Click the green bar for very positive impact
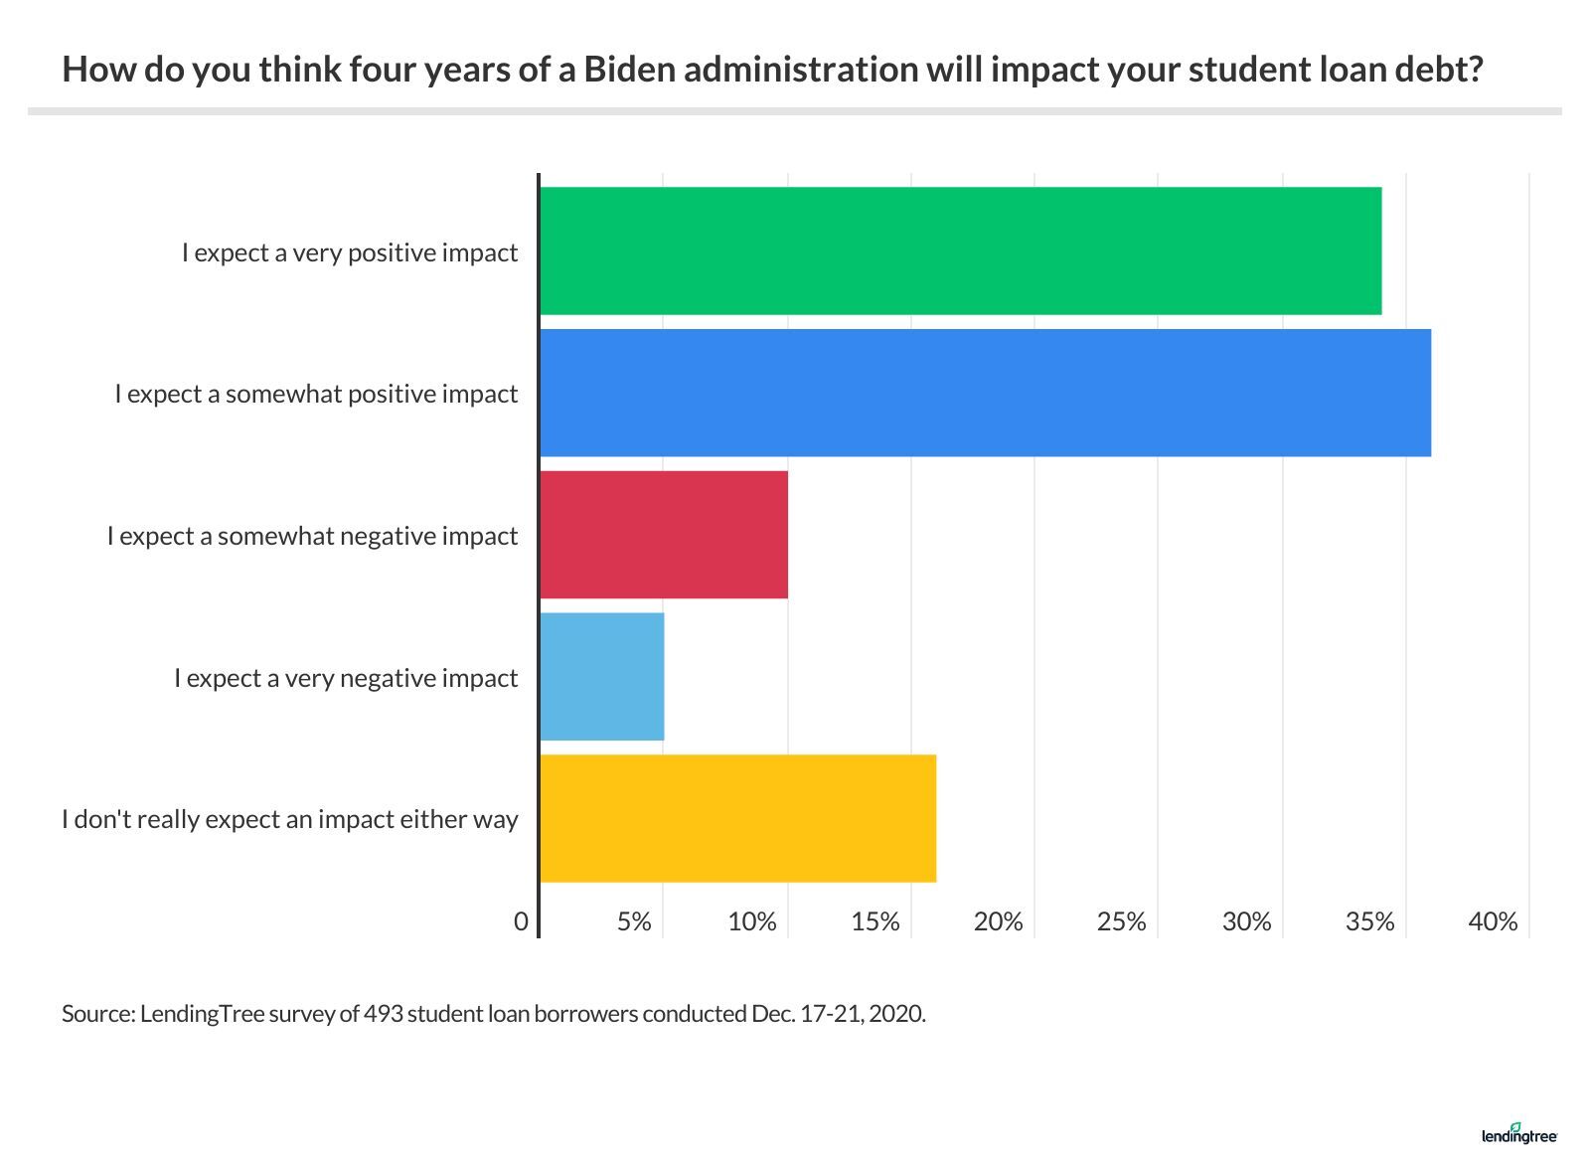point(960,250)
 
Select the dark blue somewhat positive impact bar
point(985,393)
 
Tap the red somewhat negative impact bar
point(664,535)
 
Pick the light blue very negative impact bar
point(602,677)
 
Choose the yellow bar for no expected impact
point(737,818)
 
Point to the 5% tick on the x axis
point(634,922)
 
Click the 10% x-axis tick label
point(752,922)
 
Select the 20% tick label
point(999,922)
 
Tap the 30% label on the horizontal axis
point(1246,922)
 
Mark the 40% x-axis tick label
point(1493,922)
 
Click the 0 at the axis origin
point(521,922)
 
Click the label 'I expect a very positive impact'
point(350,252)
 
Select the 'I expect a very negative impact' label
point(346,678)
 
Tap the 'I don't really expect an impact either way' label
point(290,820)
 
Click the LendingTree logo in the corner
point(1518,1135)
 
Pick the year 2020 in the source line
point(897,1015)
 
